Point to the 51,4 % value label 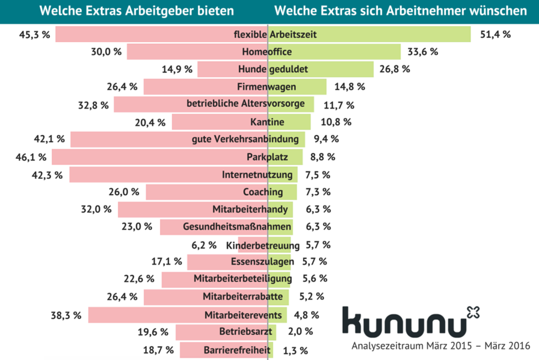point(495,34)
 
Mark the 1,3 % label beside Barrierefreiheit point(295,350)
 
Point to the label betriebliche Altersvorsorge point(250,104)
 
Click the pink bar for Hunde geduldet point(217,69)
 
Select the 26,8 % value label point(395,69)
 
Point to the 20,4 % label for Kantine point(151,123)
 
